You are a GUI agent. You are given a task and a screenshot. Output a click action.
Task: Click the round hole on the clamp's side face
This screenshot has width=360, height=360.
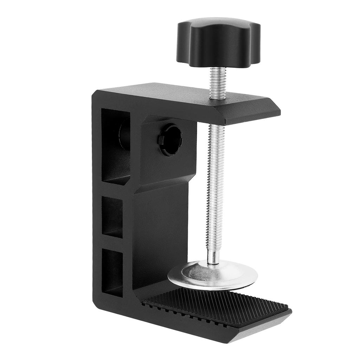[x=170, y=141]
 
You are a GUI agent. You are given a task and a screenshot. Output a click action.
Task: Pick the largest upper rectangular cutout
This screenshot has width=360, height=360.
[x=116, y=146]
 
